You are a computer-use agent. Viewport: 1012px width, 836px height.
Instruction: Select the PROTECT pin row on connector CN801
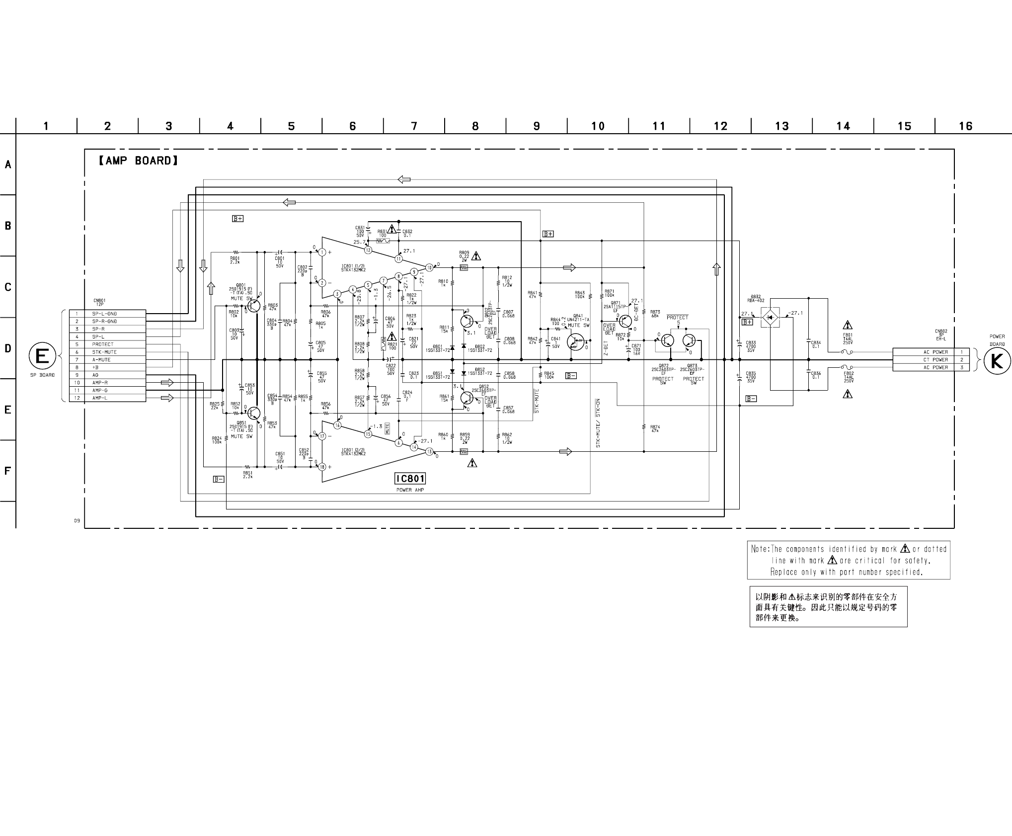(x=107, y=344)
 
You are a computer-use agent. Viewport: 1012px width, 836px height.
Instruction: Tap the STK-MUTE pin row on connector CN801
(x=107, y=352)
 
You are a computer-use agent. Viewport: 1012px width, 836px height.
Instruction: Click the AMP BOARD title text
(x=138, y=161)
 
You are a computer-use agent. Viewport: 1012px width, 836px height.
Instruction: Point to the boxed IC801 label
(x=410, y=479)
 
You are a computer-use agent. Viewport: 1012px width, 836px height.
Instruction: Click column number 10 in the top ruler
(x=598, y=126)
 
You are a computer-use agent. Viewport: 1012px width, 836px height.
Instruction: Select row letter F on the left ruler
(x=7, y=471)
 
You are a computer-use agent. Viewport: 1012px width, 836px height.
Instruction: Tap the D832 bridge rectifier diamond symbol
(x=770, y=317)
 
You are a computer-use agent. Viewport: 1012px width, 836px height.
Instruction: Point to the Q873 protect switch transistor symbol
(x=689, y=340)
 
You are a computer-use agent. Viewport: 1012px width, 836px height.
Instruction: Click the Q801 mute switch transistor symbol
(x=253, y=306)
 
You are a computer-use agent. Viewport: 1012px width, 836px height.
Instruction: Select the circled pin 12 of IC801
(x=368, y=250)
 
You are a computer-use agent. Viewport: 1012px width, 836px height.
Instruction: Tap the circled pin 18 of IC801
(x=322, y=467)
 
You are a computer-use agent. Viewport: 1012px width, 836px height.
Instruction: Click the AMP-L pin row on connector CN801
(x=107, y=398)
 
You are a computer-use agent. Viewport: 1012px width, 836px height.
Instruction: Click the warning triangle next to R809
(x=476, y=256)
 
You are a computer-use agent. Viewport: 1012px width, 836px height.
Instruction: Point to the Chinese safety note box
(x=828, y=607)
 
